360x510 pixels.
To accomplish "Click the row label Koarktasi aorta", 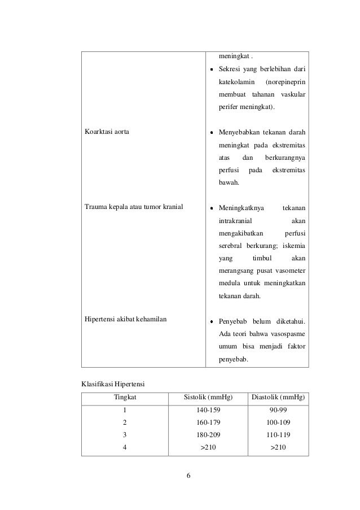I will (106, 133).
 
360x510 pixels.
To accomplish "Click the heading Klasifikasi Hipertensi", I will (113, 385).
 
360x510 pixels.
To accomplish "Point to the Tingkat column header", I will (125, 398).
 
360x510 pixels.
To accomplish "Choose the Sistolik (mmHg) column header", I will (208, 398).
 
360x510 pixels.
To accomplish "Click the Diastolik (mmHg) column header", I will (277, 398).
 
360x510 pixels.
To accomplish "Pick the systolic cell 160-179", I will (208, 422).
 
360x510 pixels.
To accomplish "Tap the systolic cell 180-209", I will (208, 434).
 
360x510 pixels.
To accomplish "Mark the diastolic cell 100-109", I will (277, 422).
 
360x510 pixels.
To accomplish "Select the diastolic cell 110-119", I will (277, 434).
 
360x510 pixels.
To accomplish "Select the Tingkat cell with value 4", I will (125, 447).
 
